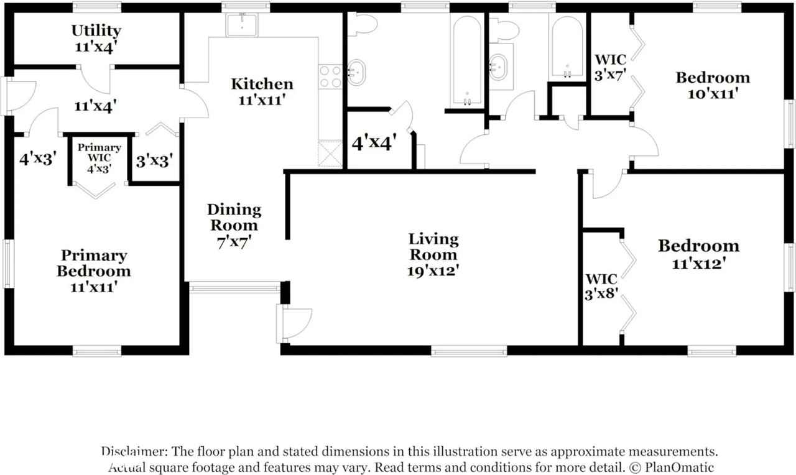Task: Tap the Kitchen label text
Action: (262, 84)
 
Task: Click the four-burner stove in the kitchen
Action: (330, 76)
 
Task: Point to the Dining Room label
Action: (234, 218)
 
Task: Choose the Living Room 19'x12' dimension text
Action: (433, 271)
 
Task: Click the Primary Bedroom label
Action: (94, 264)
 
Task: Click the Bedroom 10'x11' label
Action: (713, 78)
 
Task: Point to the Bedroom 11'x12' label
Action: (699, 246)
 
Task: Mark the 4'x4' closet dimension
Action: (374, 144)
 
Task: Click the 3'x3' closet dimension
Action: (154, 160)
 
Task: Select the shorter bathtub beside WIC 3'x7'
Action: (567, 47)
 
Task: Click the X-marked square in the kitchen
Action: (330, 154)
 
